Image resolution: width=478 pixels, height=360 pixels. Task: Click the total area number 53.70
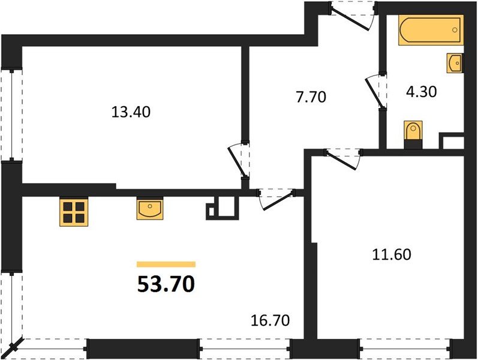[x=166, y=284]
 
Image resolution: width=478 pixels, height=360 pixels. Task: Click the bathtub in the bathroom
[x=431, y=31]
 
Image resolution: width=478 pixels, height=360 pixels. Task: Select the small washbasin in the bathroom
[x=455, y=62]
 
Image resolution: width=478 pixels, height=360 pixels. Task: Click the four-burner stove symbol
[x=73, y=212]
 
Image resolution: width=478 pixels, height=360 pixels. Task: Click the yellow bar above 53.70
[x=166, y=264]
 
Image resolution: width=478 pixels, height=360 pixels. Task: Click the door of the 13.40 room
[x=236, y=160]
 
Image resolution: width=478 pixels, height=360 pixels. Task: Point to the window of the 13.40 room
[x=11, y=114]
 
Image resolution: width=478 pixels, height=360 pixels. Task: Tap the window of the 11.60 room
[x=405, y=347]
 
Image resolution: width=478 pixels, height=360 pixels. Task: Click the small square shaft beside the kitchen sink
[x=223, y=208]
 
